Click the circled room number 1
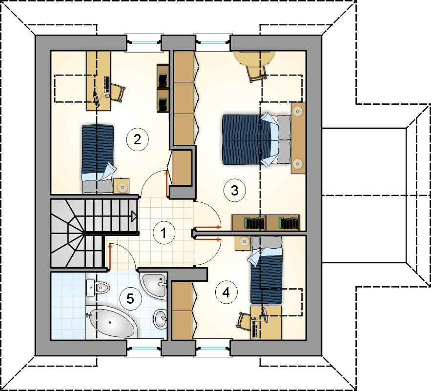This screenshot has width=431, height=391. coord(164,233)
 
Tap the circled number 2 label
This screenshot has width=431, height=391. coord(138,139)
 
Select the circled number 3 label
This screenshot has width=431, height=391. coord(235,190)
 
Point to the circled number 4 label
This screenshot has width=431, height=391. coord(226,293)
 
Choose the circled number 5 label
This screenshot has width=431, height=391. coord(130,298)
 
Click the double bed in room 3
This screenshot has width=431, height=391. coord(256,139)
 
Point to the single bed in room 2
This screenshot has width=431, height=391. coord(99,159)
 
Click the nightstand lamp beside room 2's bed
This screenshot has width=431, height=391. coord(122,187)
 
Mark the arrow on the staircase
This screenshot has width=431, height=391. coord(134,216)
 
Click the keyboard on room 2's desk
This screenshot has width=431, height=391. coord(106,84)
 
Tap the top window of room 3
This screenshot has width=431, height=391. coord(212,42)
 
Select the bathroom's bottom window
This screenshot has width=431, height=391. coord(143,348)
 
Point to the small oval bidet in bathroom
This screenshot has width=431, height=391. coord(160,318)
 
